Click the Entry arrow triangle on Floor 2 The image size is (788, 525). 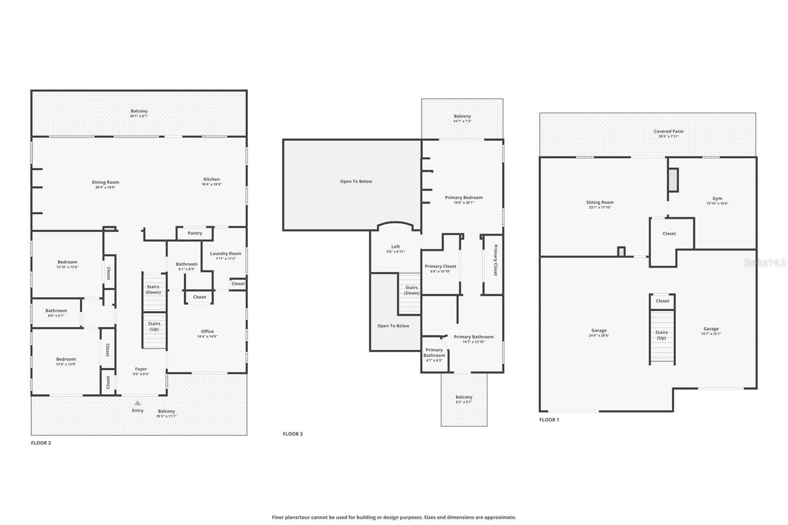pos(138,403)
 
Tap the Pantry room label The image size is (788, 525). pos(195,233)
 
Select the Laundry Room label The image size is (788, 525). pos(226,254)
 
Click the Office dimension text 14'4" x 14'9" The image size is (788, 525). pos(207,337)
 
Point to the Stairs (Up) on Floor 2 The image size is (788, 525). pos(154,327)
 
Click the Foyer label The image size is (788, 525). pos(141,369)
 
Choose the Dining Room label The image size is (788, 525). pos(105,182)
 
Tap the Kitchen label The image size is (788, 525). pos(212,179)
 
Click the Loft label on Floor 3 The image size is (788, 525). pos(395,247)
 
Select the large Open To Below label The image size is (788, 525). pos(356,181)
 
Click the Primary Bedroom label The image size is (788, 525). pos(464,197)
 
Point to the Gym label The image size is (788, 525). pos(717,198)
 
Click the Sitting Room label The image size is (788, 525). pos(600,202)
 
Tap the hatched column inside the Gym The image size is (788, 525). pos(673,180)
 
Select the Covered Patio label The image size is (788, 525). pos(668,131)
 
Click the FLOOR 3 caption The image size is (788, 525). pos(293,434)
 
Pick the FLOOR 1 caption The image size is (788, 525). pos(549,420)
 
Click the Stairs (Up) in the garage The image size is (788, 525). pos(661,335)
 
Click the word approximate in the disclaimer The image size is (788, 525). pos(501,518)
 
